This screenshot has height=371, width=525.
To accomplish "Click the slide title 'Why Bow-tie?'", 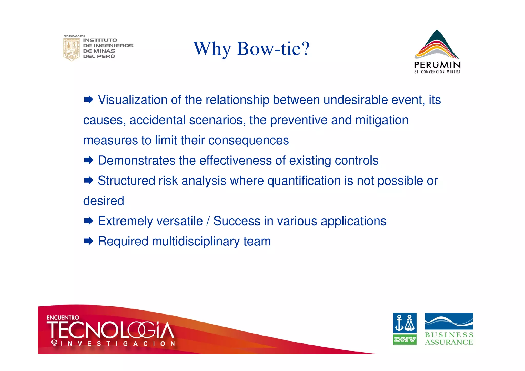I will tap(251, 49).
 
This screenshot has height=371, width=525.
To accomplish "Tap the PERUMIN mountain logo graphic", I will tap(437, 45).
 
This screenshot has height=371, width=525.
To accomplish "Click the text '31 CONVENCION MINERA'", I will tap(437, 72).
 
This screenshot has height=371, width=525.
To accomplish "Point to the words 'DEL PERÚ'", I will tap(99, 56).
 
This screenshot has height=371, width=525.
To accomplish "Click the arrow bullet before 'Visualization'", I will tap(88, 100).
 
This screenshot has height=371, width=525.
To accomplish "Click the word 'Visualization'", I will tap(133, 100).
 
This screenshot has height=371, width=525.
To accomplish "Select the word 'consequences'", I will tap(248, 140).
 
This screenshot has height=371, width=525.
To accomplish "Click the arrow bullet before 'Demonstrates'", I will tap(88, 161).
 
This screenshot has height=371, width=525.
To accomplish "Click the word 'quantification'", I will tap(304, 181).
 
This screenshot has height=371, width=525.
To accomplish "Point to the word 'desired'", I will tap(104, 201).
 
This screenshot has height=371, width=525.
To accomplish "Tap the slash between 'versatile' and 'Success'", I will tap(208, 221).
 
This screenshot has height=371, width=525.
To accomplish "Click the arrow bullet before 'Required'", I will tap(88, 241).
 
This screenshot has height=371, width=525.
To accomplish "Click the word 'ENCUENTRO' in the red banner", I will tap(63, 318).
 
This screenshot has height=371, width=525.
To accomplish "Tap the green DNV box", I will tap(405, 340).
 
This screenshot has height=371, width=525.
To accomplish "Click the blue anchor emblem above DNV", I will tap(405, 323).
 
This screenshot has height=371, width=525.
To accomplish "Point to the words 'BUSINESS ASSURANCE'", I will tap(449, 338).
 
